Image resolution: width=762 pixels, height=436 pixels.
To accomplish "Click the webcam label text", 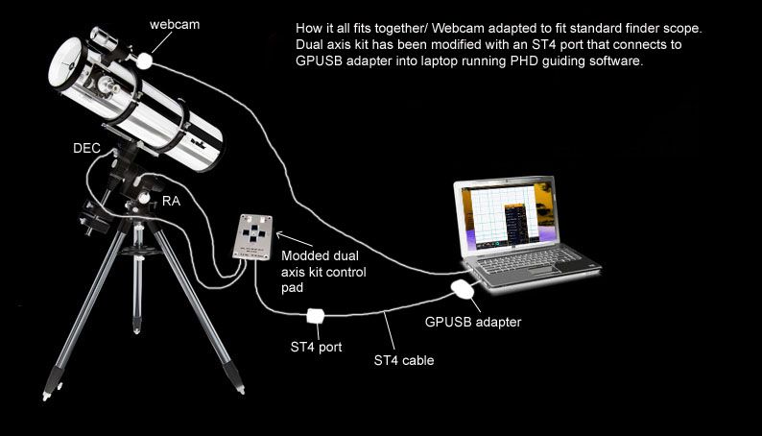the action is click(x=175, y=24).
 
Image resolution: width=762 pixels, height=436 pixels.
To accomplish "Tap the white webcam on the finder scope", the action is click(x=144, y=61).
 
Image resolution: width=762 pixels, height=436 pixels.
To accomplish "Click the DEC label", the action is click(x=86, y=148).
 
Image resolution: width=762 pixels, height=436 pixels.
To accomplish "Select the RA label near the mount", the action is click(x=171, y=201).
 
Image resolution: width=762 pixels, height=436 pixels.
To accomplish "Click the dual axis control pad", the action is click(x=252, y=237).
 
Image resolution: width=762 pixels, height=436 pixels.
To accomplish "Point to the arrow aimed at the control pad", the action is click(x=295, y=239).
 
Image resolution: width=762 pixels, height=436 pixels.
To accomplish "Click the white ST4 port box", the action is click(x=316, y=316).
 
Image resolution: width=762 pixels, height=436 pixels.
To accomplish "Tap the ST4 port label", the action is click(x=316, y=347).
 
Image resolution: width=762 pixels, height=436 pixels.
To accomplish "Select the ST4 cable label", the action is click(x=404, y=360).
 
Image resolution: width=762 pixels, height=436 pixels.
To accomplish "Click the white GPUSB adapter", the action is click(x=463, y=289).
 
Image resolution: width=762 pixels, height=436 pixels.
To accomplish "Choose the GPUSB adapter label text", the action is click(x=473, y=322).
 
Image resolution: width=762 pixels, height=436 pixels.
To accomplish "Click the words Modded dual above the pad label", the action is click(x=320, y=255).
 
